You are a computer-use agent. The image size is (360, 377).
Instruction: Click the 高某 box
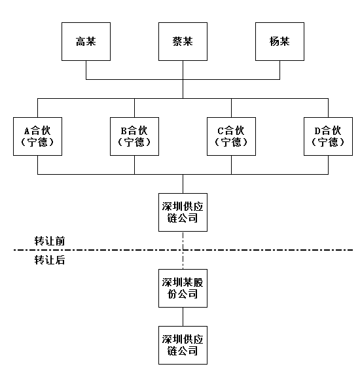[86, 42]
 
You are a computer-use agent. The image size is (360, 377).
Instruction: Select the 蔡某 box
[183, 42]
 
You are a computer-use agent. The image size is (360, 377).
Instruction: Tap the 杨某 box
[279, 42]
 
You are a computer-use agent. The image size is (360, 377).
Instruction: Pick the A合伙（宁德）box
[37, 136]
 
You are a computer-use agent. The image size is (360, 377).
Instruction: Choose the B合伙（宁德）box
[134, 136]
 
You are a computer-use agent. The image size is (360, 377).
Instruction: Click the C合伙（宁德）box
[231, 136]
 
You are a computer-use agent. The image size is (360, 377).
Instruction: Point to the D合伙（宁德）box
[329, 136]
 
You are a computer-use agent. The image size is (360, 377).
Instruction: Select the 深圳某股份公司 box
[183, 288]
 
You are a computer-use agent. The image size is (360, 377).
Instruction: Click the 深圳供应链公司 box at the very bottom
[183, 346]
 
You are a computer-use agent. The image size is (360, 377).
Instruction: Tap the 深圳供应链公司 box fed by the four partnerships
[183, 212]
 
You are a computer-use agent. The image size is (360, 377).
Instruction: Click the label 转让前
[50, 241]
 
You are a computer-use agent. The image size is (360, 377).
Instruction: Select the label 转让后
[50, 260]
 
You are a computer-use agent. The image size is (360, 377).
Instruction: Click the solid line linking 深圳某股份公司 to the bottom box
[183, 317]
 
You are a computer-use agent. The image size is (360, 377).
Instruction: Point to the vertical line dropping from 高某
[86, 70]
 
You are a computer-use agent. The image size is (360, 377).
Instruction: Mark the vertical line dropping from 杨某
[279, 70]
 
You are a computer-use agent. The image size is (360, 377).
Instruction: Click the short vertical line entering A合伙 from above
[37, 108]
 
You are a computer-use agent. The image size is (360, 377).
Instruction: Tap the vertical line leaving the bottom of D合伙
[329, 165]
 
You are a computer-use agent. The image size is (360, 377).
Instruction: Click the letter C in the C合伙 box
[221, 131]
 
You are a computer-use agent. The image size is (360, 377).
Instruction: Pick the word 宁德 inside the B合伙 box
[134, 142]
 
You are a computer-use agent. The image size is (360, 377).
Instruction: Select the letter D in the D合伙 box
[317, 131]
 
